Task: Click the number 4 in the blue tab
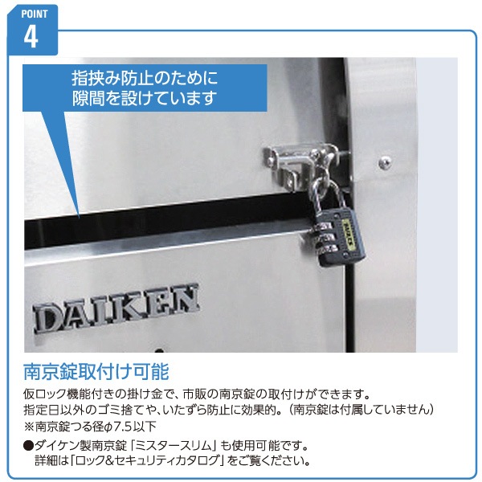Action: [31, 37]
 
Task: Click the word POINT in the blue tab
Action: [34, 14]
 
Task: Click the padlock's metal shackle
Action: [329, 197]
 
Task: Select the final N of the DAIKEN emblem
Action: [184, 300]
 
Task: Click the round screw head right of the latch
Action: [385, 161]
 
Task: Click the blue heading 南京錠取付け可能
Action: [96, 372]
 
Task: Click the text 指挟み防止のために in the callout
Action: [145, 78]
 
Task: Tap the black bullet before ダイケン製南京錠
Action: [28, 445]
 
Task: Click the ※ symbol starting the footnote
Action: [29, 427]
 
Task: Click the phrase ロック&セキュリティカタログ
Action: [149, 460]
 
